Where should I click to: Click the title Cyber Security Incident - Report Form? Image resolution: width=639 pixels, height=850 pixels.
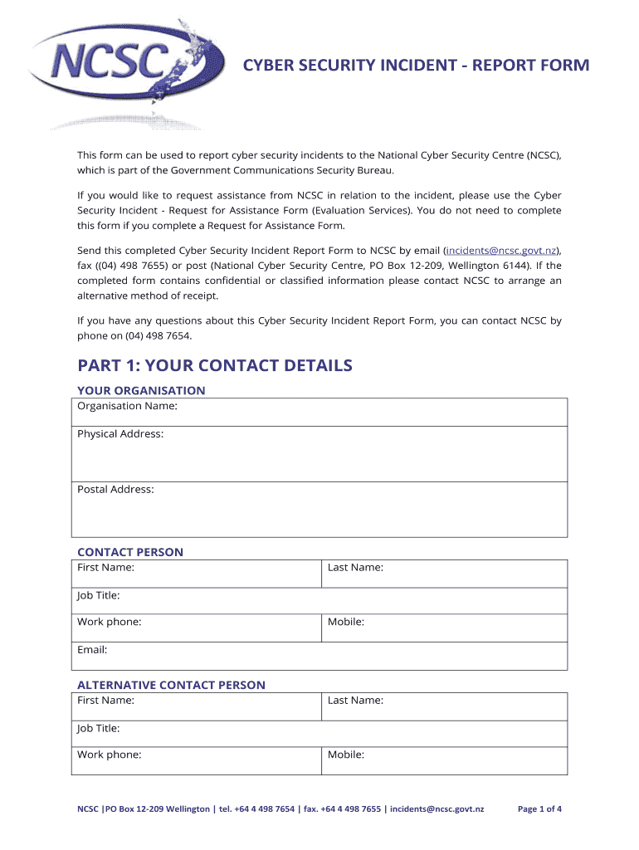click(416, 66)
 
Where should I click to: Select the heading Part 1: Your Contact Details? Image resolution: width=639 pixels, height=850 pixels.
click(215, 366)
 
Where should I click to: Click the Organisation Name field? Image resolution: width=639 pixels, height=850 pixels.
click(319, 412)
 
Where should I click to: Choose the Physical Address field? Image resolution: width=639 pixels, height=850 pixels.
click(319, 453)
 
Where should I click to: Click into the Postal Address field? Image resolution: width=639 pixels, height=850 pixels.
click(319, 509)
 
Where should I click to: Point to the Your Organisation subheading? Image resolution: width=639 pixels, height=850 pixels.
click(141, 390)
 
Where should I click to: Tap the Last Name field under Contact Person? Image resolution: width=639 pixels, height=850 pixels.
click(444, 574)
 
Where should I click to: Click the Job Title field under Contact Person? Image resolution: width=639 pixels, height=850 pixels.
click(319, 601)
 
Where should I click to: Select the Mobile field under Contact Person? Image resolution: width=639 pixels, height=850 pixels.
click(444, 628)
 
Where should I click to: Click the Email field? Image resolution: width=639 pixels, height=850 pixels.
click(319, 656)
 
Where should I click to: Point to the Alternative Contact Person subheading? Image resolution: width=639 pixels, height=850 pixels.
click(171, 685)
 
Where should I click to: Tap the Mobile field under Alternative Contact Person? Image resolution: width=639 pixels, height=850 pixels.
click(444, 760)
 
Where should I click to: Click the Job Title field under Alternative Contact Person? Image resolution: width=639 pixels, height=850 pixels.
click(319, 734)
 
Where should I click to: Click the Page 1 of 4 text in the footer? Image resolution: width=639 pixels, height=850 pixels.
click(539, 808)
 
